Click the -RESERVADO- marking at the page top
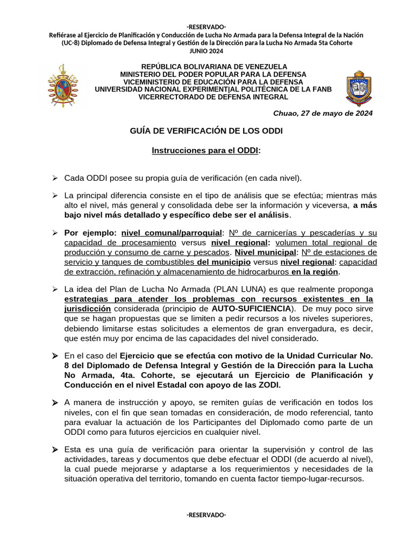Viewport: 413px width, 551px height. tap(206, 27)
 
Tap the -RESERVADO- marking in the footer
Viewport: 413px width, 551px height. tap(206, 515)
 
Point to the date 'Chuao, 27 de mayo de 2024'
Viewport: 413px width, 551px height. tap(323, 114)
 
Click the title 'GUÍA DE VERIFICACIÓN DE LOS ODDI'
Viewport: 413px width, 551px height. tap(206, 131)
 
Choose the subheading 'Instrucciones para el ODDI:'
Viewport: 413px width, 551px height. tap(206, 151)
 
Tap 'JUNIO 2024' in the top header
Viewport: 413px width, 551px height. tap(206, 51)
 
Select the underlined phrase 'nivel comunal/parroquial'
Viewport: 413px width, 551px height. tap(172, 232)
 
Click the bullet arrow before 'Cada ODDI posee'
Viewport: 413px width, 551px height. tap(54, 178)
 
